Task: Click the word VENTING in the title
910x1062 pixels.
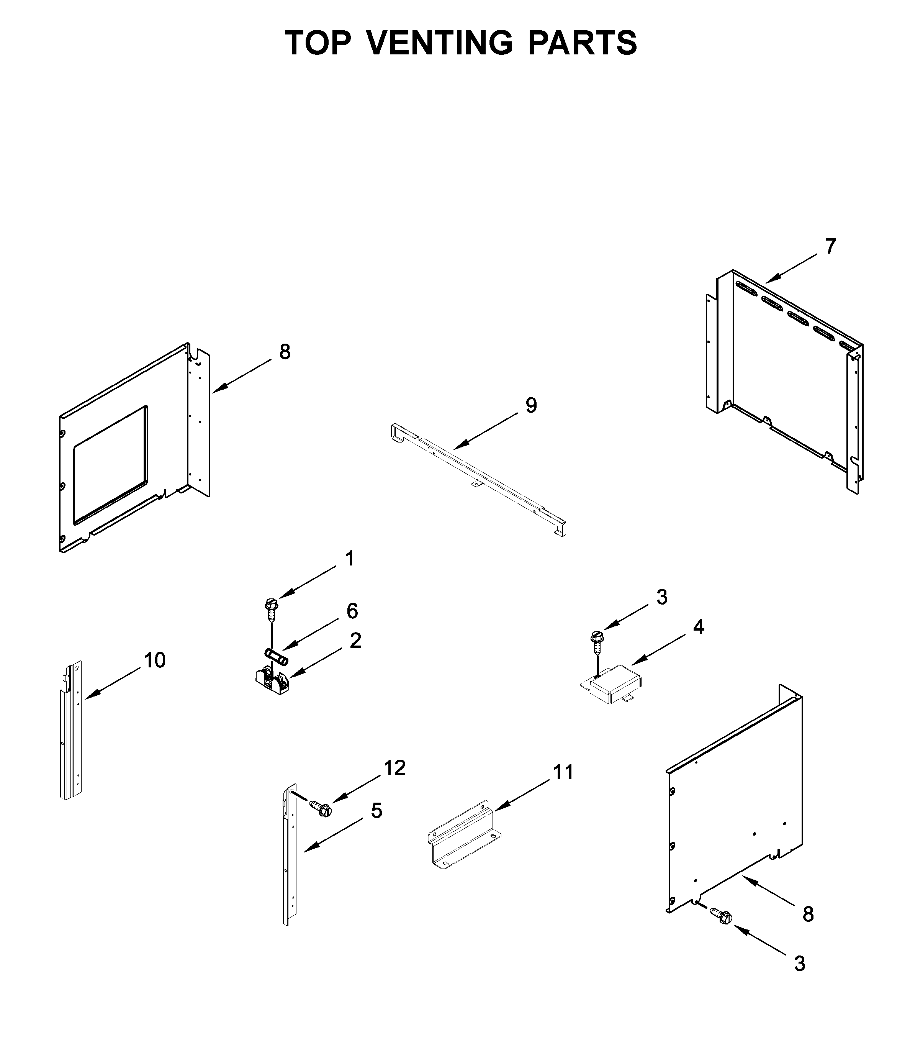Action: [439, 43]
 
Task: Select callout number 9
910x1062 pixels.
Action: [531, 405]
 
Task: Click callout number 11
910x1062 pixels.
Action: [563, 787]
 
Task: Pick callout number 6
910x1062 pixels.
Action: [352, 611]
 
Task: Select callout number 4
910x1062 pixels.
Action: [698, 627]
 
